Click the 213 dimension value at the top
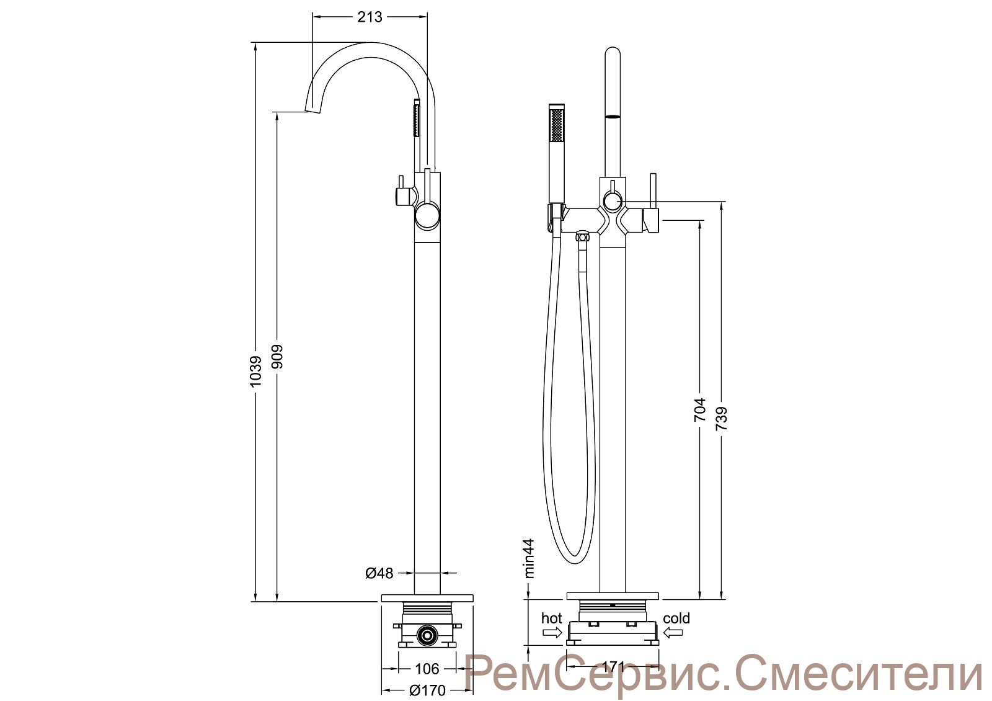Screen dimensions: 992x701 coord(370,17)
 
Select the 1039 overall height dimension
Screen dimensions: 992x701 coord(255,371)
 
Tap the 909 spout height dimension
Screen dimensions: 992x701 coord(277,357)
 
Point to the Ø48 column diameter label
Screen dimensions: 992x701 coord(379,573)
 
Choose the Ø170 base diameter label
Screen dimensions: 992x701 coord(427,690)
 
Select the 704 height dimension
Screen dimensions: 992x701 coord(700,409)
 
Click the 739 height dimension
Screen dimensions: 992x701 coord(722,419)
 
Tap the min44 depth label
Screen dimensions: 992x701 coord(529,558)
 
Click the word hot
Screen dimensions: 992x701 coord(551,618)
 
